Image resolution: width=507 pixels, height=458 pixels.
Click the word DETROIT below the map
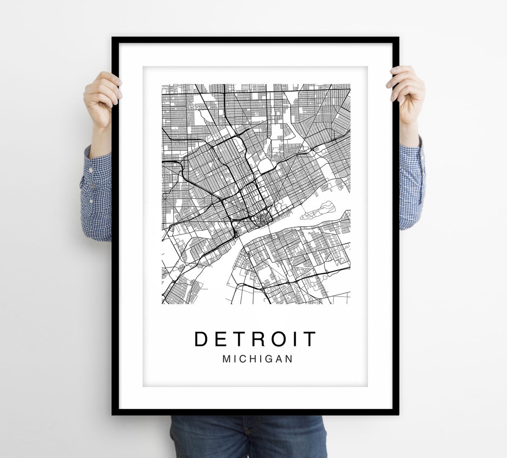coord(255,339)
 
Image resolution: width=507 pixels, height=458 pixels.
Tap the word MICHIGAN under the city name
coord(258,359)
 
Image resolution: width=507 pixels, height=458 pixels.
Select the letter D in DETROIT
coord(201,339)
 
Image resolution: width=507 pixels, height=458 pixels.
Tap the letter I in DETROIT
coord(298,339)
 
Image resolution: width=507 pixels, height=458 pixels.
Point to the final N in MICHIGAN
coord(290,359)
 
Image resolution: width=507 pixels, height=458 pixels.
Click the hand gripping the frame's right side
coord(407,94)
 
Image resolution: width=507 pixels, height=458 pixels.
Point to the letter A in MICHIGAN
coord(279,359)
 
